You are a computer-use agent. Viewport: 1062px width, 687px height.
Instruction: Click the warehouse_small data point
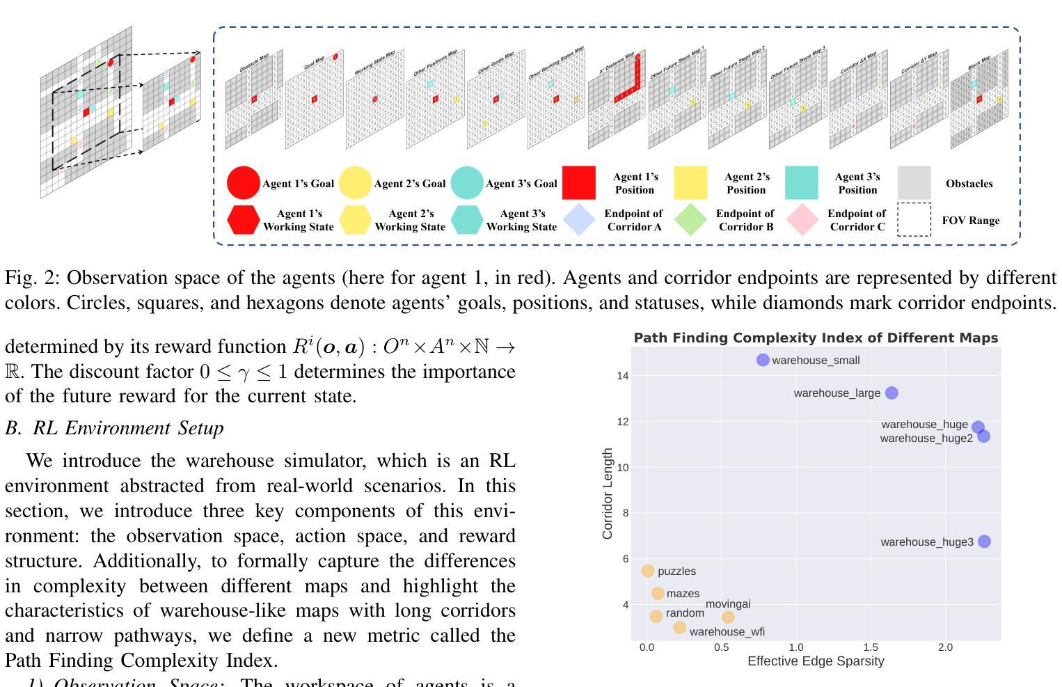[x=763, y=360]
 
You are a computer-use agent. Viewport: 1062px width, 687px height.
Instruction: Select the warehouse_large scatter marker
[x=891, y=393]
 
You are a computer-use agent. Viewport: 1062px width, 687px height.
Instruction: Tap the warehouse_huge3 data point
[x=984, y=542]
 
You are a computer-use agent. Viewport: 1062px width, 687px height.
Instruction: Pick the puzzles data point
[x=648, y=571]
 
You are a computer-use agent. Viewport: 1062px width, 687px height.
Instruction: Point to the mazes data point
[x=658, y=593]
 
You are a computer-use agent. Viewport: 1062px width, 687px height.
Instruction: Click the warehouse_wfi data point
[x=680, y=628]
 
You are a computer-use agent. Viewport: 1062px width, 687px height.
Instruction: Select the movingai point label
[x=728, y=604]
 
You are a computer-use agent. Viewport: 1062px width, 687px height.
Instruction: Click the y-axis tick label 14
[x=622, y=376]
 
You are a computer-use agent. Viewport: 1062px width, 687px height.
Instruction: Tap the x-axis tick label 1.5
[x=870, y=647]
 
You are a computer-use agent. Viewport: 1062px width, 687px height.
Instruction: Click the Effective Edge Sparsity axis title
[x=816, y=661]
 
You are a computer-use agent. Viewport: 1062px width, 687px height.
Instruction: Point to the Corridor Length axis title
[x=608, y=493]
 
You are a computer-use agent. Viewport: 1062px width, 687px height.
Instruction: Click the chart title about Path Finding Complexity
[x=816, y=338]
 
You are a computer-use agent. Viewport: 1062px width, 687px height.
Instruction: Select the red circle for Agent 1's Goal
[x=243, y=183]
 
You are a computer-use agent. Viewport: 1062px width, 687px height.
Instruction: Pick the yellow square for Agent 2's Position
[x=690, y=183]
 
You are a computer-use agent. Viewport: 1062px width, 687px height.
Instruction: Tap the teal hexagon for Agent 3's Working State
[x=466, y=220]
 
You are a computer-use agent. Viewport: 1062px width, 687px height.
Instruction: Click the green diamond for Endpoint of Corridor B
[x=690, y=220]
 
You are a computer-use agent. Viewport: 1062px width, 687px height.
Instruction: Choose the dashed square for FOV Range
[x=914, y=220]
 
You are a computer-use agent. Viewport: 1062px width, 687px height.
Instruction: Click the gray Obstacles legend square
[x=914, y=183]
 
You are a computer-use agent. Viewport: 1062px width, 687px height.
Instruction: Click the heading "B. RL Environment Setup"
[x=115, y=428]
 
